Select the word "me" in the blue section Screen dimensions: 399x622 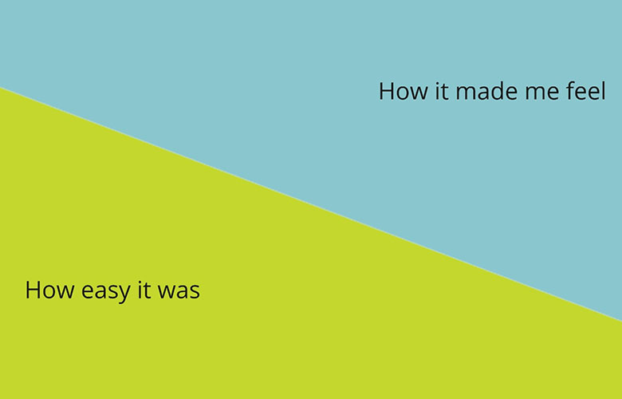(541, 91)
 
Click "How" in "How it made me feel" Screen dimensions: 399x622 (398, 91)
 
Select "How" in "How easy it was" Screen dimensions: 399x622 (45, 290)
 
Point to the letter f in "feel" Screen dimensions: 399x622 (570, 90)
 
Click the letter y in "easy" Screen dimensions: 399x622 (124, 293)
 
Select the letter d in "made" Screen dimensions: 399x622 (496, 90)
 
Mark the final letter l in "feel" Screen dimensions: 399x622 (603, 90)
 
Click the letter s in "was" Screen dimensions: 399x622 (194, 291)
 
